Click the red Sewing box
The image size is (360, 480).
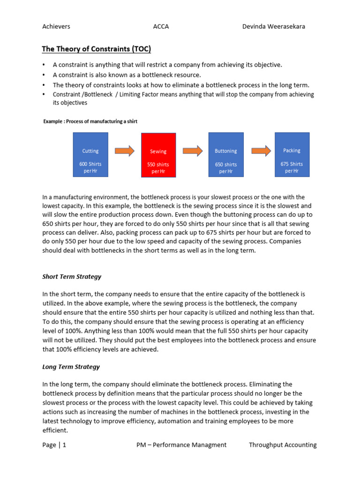click(158, 155)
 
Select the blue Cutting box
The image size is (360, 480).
click(90, 155)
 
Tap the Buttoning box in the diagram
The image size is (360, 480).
click(226, 155)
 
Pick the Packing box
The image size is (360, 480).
click(292, 154)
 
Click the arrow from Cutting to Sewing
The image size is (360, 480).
click(124, 150)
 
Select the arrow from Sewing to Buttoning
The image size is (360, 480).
click(192, 150)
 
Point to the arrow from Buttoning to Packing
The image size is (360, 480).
click(261, 150)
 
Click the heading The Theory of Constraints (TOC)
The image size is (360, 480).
click(97, 49)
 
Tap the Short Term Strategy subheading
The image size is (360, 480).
click(72, 277)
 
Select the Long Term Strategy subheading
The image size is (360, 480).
click(71, 367)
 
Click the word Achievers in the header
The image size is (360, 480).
click(56, 26)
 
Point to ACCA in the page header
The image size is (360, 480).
click(161, 26)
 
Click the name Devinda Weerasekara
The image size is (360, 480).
click(273, 26)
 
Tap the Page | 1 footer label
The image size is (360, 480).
click(54, 445)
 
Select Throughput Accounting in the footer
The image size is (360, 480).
click(283, 445)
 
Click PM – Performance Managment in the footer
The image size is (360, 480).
click(181, 445)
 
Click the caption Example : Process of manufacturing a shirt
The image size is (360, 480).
click(90, 121)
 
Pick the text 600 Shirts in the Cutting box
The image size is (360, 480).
click(90, 164)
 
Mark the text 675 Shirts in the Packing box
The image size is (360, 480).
click(292, 164)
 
